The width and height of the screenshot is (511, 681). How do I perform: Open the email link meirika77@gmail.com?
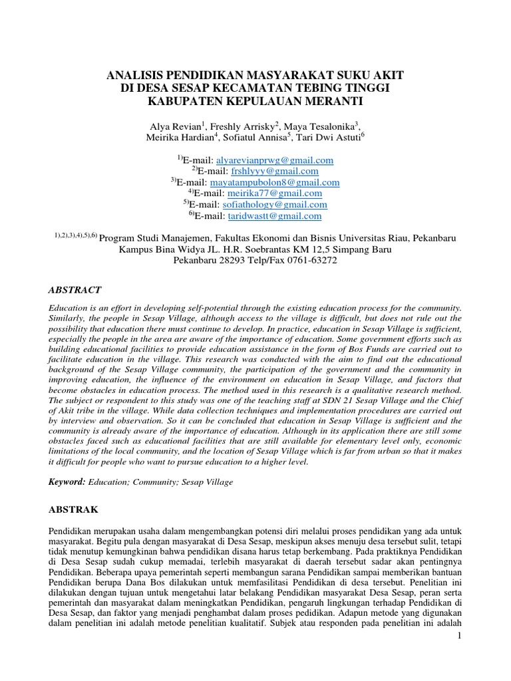(x=271, y=194)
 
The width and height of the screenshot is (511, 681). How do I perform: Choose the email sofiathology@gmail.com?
(x=272, y=205)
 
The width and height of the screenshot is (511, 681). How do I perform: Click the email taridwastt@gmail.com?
(x=271, y=216)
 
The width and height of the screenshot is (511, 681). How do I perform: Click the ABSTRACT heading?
(x=76, y=290)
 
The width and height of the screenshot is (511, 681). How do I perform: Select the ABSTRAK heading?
(x=74, y=509)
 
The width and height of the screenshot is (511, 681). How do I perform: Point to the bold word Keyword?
(x=68, y=481)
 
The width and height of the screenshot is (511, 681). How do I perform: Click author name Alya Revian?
(x=177, y=126)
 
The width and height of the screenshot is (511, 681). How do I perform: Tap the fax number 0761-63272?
(x=315, y=261)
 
